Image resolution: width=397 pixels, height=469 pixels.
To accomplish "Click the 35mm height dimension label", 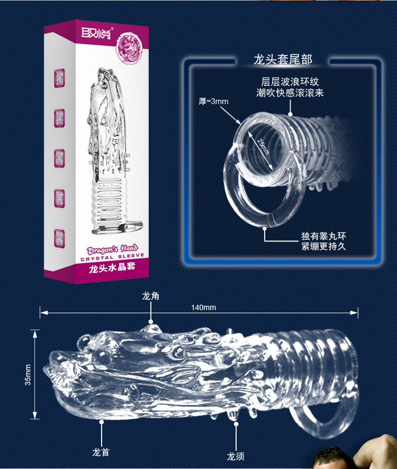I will pos(28,374).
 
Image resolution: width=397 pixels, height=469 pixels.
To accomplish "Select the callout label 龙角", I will pos(150,296).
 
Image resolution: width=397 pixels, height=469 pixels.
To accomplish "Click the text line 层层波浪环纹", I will pos(291,82).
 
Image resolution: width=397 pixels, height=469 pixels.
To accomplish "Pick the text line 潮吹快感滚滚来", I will pos(291,93).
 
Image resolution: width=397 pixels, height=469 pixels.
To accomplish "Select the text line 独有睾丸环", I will pos(323,236).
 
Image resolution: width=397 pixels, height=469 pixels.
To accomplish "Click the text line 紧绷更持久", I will pos(323,246).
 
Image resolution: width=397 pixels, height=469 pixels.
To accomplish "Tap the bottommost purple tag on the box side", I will pos(58,238).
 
